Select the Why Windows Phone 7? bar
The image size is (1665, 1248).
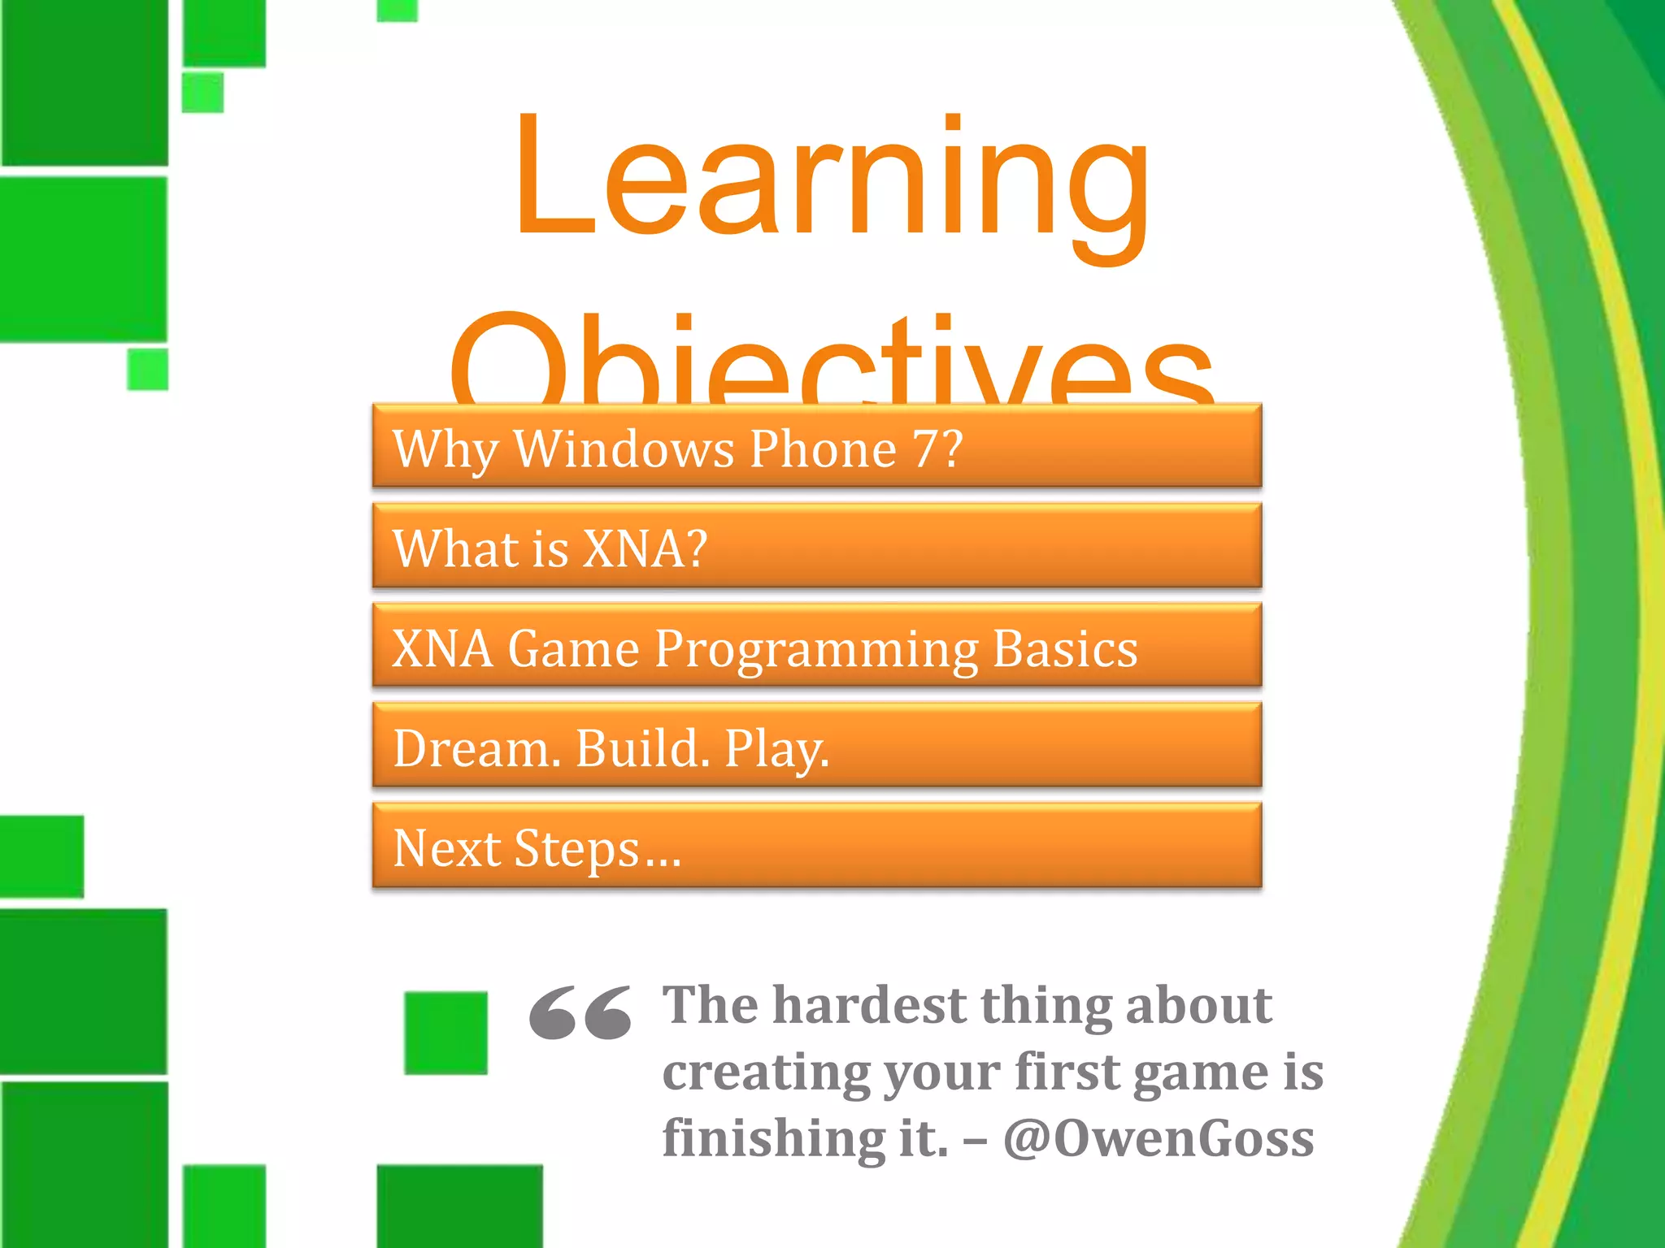(816, 446)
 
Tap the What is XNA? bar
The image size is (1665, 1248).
(816, 546)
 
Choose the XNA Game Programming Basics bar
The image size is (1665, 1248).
(816, 647)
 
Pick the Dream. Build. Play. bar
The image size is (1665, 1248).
(816, 746)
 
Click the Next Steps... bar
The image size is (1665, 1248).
(816, 847)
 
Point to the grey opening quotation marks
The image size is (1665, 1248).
(580, 1012)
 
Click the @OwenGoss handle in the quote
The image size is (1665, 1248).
(1158, 1137)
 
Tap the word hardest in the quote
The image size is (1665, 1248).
(870, 1006)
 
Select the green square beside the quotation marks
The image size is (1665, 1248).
(446, 1033)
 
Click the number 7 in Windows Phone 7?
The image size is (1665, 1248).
(927, 448)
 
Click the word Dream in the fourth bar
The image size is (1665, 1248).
(471, 747)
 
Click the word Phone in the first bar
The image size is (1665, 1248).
(822, 448)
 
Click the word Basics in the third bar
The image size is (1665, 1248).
(1065, 648)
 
